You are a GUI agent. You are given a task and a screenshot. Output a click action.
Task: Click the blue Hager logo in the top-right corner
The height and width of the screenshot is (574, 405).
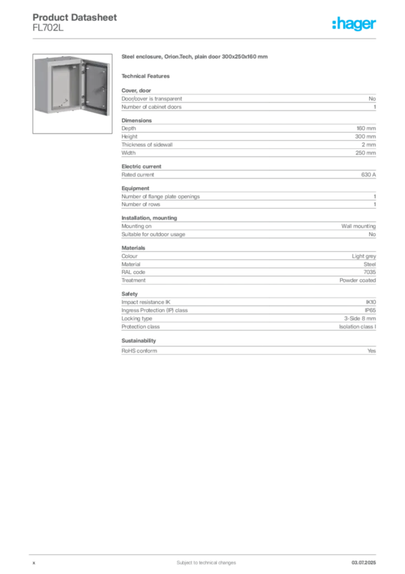355,25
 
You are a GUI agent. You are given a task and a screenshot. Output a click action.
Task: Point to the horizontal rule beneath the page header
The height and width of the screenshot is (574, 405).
206,38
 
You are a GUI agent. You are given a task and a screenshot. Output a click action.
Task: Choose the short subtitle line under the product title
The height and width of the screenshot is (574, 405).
148,76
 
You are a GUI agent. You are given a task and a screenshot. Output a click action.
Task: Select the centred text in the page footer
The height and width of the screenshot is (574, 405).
199,559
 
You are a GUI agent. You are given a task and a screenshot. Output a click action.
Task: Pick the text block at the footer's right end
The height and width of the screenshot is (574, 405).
367,560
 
